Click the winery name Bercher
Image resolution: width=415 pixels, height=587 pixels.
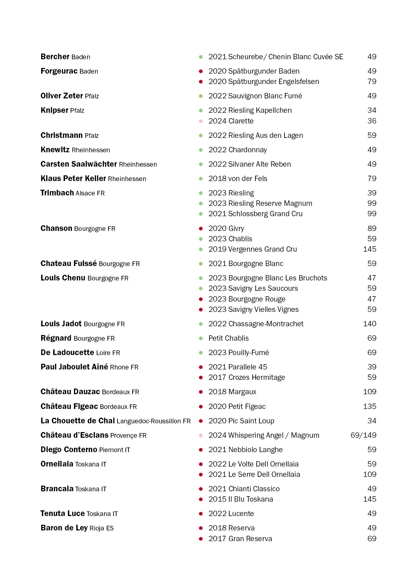pos(55,57)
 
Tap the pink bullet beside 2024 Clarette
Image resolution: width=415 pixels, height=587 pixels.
pos(201,121)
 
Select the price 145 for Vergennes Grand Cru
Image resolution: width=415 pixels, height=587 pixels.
pos(369,249)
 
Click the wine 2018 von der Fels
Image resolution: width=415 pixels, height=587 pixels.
pos(238,179)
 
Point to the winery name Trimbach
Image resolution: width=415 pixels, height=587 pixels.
pos(57,193)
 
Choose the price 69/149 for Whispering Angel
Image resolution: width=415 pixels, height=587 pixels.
pos(363,435)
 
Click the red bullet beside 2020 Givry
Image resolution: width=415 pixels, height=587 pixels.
pos(201,229)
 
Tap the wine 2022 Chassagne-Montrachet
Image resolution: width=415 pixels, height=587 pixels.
pos(256,324)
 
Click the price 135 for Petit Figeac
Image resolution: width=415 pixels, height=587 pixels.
pos(369,407)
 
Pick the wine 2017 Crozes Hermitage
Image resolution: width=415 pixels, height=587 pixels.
pos(247,378)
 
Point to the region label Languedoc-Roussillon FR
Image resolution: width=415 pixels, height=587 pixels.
pos(154,421)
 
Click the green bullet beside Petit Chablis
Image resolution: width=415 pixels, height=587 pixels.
pos(201,338)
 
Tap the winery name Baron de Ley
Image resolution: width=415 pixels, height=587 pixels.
pos(64,528)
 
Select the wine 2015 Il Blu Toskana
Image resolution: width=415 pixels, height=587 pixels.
pos(241,499)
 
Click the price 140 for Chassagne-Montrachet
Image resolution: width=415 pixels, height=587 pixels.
pos(369,324)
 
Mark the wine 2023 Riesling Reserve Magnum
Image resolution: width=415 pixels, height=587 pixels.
pos(260,203)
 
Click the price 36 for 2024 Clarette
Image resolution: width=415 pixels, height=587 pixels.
pos(372,121)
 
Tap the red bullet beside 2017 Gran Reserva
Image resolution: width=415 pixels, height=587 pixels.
pos(201,539)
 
